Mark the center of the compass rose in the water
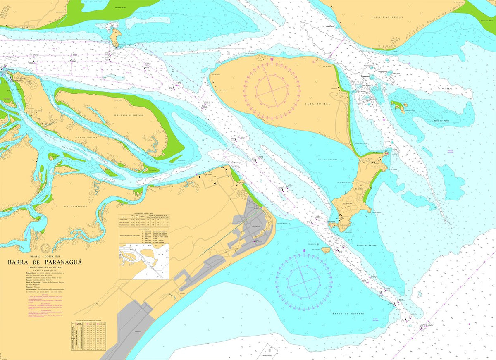click(x=304, y=282)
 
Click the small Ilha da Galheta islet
click(x=326, y=250)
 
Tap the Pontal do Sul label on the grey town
click(x=256, y=227)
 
